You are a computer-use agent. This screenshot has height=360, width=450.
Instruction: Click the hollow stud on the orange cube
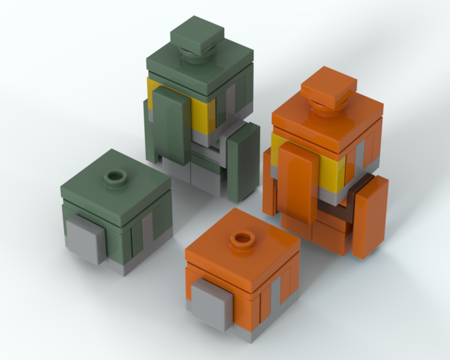tap(242, 239)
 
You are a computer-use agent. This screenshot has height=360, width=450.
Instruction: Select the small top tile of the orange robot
tap(328, 86)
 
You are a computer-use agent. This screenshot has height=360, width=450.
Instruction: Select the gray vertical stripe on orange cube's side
tap(275, 295)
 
